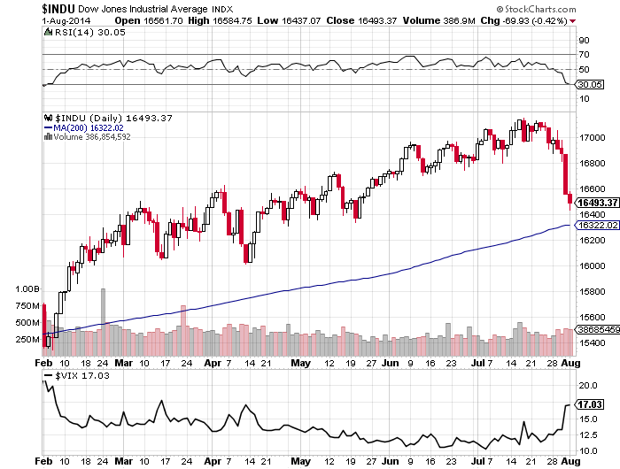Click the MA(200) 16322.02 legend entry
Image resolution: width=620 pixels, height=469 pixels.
click(x=83, y=127)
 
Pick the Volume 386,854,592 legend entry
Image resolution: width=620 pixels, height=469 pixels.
click(x=92, y=137)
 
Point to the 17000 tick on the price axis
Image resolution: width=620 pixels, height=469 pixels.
click(x=591, y=138)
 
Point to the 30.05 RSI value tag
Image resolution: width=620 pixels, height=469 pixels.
click(x=591, y=84)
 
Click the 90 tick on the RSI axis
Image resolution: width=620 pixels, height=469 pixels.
click(x=584, y=40)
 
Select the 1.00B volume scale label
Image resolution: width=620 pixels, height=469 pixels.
click(x=27, y=289)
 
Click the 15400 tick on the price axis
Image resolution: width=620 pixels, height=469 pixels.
click(x=591, y=343)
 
